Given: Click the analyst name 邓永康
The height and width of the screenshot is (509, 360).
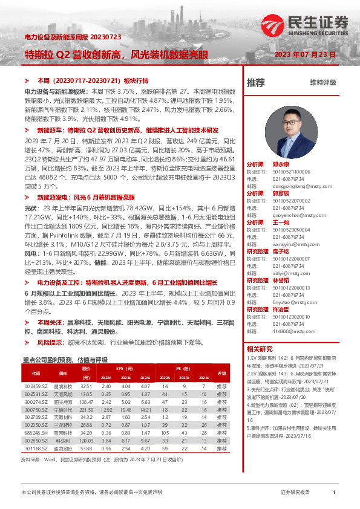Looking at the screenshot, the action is pyautogui.click(x=281, y=164).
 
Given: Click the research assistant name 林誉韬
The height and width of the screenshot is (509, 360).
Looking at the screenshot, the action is pyautogui.click(x=281, y=280).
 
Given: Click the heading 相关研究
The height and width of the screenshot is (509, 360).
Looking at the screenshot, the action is pyautogui.click(x=260, y=349).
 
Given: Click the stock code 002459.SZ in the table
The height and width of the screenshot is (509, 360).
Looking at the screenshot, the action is pyautogui.click(x=36, y=386).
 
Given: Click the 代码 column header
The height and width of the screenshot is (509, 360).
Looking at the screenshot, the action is pyautogui.click(x=36, y=372).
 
